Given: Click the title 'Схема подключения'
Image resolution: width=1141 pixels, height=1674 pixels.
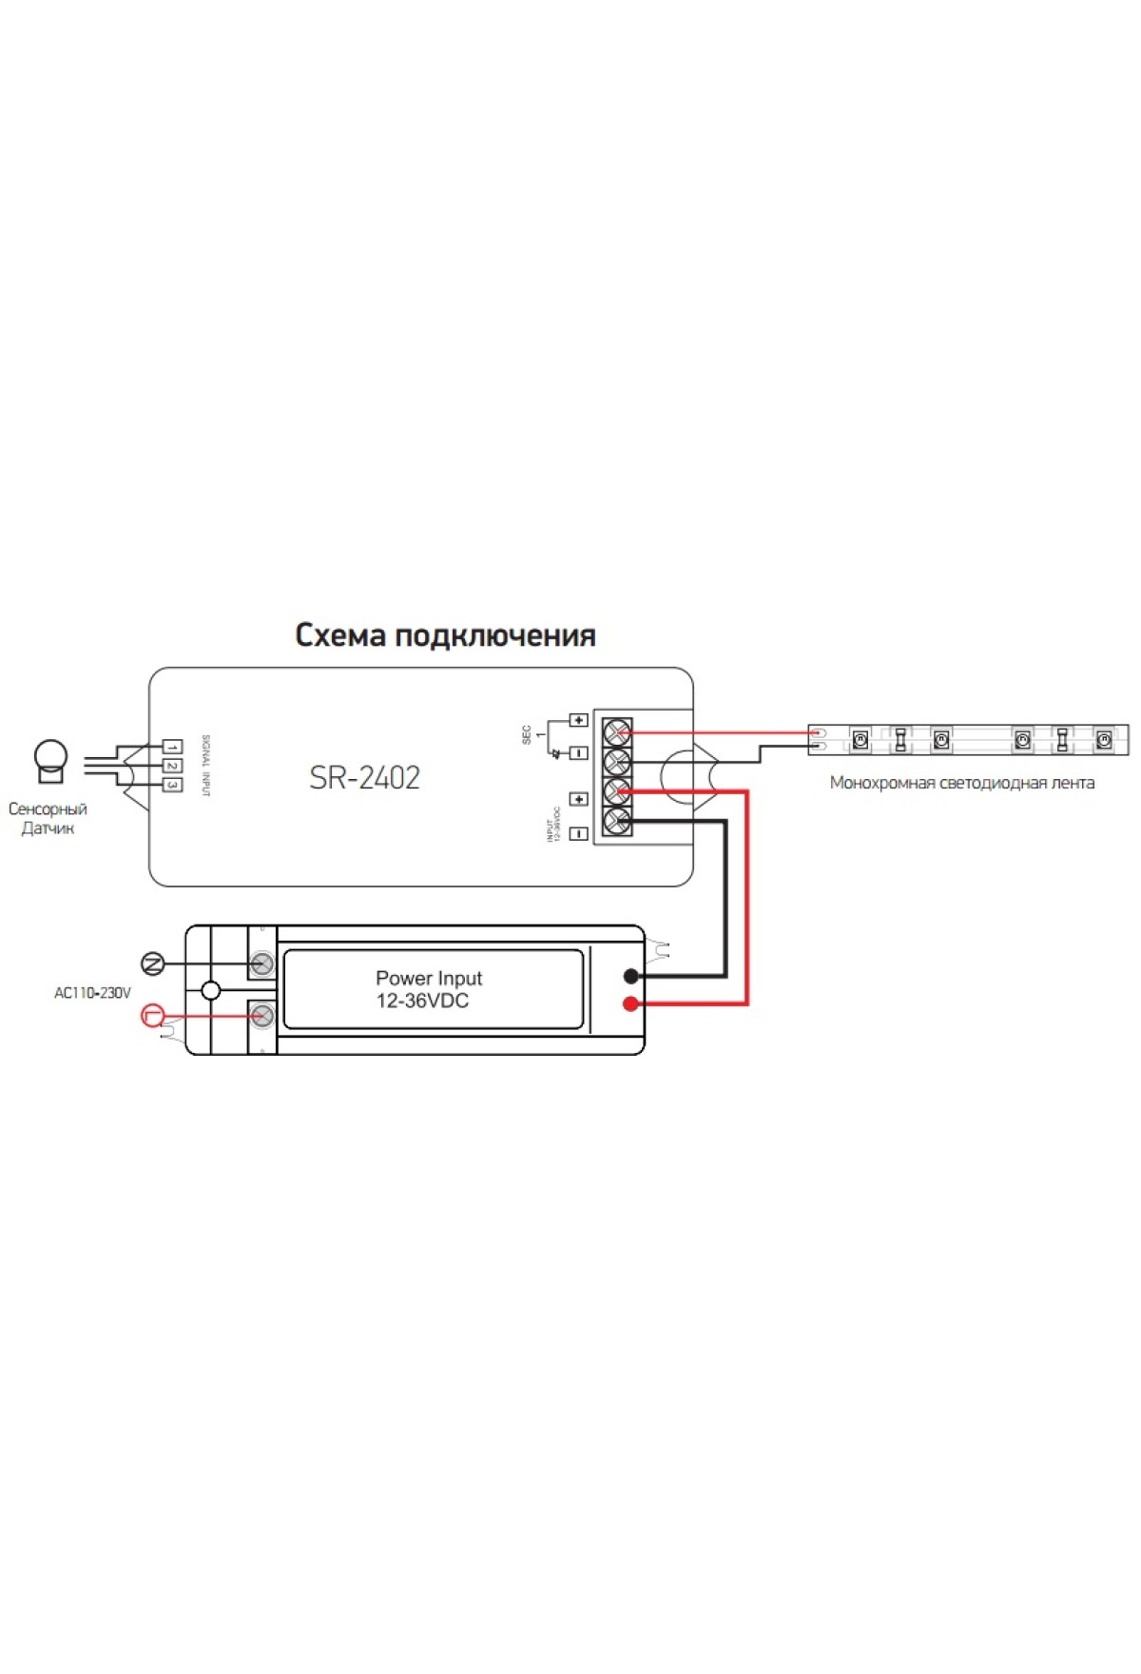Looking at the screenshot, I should pos(445,635).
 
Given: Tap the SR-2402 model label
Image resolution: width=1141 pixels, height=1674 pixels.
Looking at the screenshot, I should pos(364,778).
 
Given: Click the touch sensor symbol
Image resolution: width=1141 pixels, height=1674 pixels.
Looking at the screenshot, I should pos(50,760).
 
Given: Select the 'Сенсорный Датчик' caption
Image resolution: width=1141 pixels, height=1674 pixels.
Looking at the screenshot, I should pos(48,818).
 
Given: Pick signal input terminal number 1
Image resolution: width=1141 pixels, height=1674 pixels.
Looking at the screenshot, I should pos(172,748).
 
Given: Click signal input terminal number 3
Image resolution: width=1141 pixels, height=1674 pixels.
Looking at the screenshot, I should pos(172,785).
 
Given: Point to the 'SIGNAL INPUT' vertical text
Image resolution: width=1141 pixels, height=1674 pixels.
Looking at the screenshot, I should pos(205,765).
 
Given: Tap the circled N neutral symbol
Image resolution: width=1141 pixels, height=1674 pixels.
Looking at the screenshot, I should pos(152,964).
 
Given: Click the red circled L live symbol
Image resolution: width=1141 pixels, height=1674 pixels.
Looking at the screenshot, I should pos(152,1016).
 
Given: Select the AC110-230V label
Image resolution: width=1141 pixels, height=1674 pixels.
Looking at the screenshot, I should pos(92,993).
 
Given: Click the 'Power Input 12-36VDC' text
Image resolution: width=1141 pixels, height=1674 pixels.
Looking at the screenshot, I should pos(428,989).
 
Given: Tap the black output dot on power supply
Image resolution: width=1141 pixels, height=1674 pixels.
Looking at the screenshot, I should pos(630,976).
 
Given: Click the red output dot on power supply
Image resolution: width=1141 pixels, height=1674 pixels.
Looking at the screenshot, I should pos(630,1003).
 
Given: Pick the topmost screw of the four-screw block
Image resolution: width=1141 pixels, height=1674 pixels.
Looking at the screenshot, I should pos(617,732).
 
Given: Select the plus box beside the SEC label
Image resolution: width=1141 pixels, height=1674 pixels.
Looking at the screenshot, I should pos(578,720).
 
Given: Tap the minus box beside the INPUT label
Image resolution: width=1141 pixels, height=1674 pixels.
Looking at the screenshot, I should pos(578,834).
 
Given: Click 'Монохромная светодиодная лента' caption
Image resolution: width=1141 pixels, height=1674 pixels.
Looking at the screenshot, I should pos(961,783).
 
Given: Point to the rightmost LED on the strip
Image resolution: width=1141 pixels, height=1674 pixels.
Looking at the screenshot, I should pos(1104,739).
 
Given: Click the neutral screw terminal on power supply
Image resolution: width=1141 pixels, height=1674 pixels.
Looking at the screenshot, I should pos(262,964).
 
